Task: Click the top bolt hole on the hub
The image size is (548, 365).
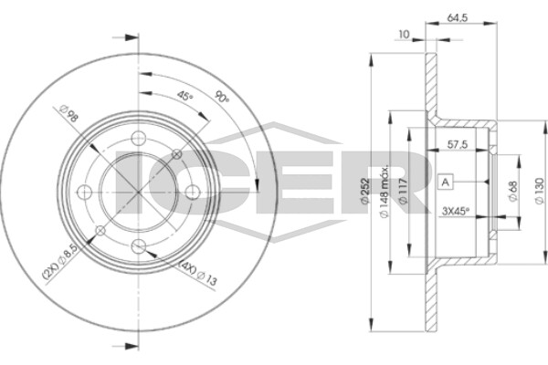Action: click(138, 139)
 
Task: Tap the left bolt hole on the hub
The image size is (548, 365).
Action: click(84, 193)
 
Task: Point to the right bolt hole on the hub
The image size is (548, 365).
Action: click(192, 193)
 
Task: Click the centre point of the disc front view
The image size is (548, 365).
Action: click(138, 193)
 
